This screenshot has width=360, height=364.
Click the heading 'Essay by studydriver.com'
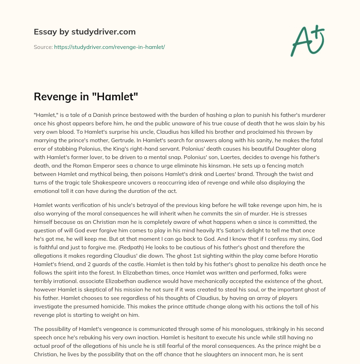point(84,32)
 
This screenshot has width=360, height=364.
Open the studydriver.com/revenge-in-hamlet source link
point(109,47)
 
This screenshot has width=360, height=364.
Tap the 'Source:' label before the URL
point(43,47)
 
